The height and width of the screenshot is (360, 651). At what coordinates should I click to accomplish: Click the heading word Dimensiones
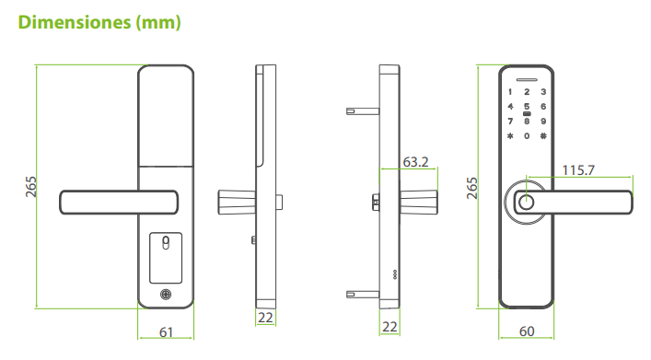75,22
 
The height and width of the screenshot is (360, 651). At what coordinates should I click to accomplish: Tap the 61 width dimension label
166,332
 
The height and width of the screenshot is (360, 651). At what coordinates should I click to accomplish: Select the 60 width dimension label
527,331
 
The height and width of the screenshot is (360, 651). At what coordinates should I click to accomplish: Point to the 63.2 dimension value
415,162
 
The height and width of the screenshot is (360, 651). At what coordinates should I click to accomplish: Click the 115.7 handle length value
578,170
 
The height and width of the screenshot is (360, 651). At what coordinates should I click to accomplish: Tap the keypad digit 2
527,92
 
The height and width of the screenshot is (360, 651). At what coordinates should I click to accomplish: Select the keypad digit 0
527,135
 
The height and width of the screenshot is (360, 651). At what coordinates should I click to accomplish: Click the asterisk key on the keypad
510,135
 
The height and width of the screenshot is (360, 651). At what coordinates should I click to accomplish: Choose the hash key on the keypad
543,135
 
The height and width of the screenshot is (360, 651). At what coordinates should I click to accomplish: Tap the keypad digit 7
510,122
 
